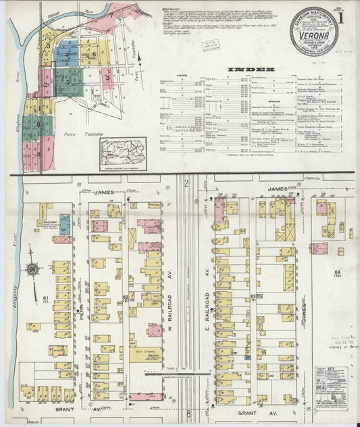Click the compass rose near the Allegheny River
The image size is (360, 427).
tap(32, 271)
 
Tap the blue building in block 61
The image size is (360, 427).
tap(64, 224)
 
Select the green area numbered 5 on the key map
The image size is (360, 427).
tap(68, 81)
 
